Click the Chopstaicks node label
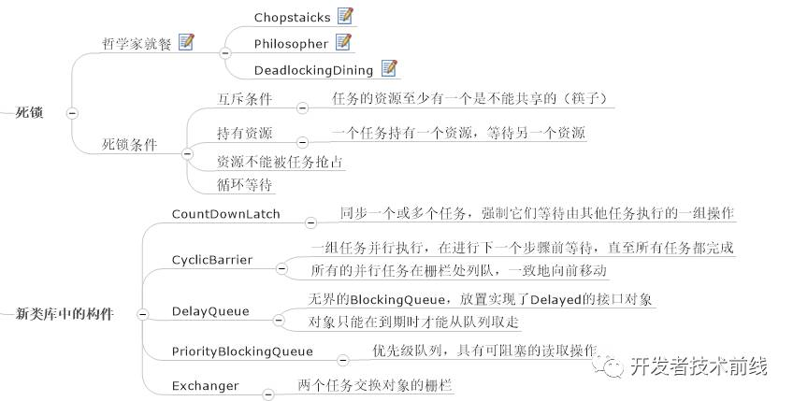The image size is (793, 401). [294, 17]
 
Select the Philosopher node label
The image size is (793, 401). [291, 43]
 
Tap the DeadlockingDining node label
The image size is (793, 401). [313, 70]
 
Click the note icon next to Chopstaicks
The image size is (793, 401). [346, 16]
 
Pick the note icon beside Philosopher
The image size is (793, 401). [343, 42]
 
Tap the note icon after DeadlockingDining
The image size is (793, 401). [389, 69]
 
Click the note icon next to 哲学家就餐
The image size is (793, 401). [186, 42]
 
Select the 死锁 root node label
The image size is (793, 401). [29, 112]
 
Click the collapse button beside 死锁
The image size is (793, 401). [71, 112]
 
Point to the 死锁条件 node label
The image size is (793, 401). [129, 145]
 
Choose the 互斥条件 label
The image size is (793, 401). [244, 97]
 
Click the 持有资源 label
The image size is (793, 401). [244, 133]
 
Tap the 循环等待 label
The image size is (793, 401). [244, 184]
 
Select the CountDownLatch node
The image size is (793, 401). [225, 214]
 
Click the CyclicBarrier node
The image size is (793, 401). [211, 259]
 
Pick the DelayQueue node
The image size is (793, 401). [209, 310]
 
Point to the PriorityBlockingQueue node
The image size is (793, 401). [241, 351]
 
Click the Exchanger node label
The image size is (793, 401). [205, 385]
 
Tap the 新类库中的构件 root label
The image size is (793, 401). [65, 314]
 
